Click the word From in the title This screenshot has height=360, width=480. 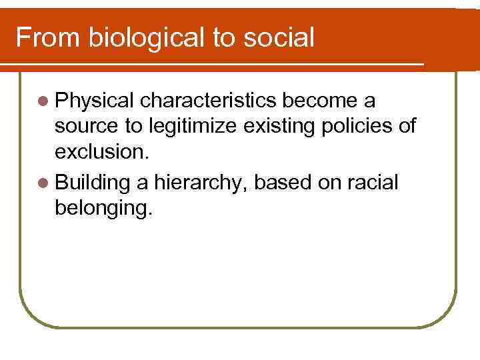point(47,37)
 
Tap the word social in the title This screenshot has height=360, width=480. point(280,37)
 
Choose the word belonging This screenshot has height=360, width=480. point(104,208)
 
